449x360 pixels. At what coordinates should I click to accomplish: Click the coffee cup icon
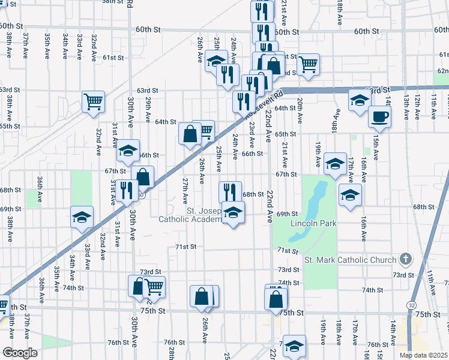click(379, 116)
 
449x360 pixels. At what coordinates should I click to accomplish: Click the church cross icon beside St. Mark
click(406, 259)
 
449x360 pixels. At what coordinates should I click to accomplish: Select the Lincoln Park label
click(313, 224)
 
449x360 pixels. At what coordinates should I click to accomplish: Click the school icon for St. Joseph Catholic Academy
click(234, 212)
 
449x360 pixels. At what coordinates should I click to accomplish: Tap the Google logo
click(20, 353)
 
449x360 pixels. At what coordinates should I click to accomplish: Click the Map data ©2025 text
click(424, 355)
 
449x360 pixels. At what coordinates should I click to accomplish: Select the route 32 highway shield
click(411, 305)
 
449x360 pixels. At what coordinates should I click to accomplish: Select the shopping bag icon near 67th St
click(143, 177)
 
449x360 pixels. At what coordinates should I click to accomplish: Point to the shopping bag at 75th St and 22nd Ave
click(276, 298)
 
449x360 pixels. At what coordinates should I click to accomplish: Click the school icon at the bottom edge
click(294, 348)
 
